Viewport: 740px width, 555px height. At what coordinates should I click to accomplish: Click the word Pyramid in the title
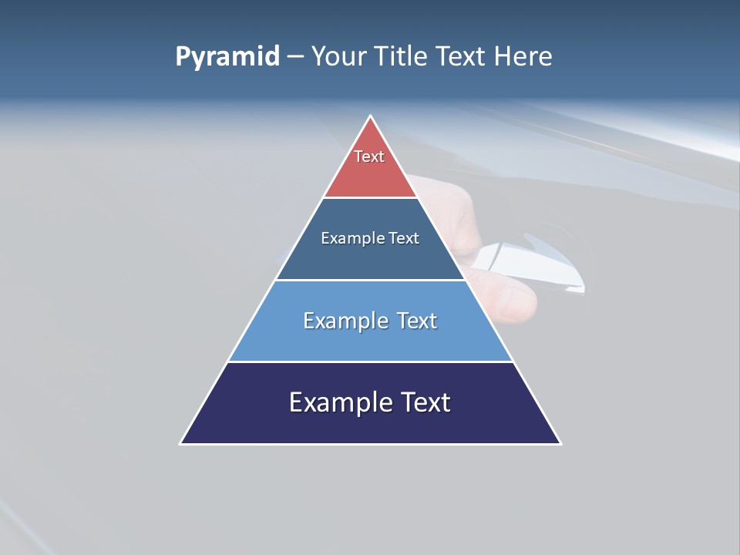(227, 57)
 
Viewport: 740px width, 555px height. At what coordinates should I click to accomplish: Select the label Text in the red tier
(369, 156)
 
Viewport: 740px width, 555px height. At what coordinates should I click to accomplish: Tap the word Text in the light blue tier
(417, 321)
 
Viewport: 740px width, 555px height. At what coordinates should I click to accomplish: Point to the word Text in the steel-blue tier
(404, 238)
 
